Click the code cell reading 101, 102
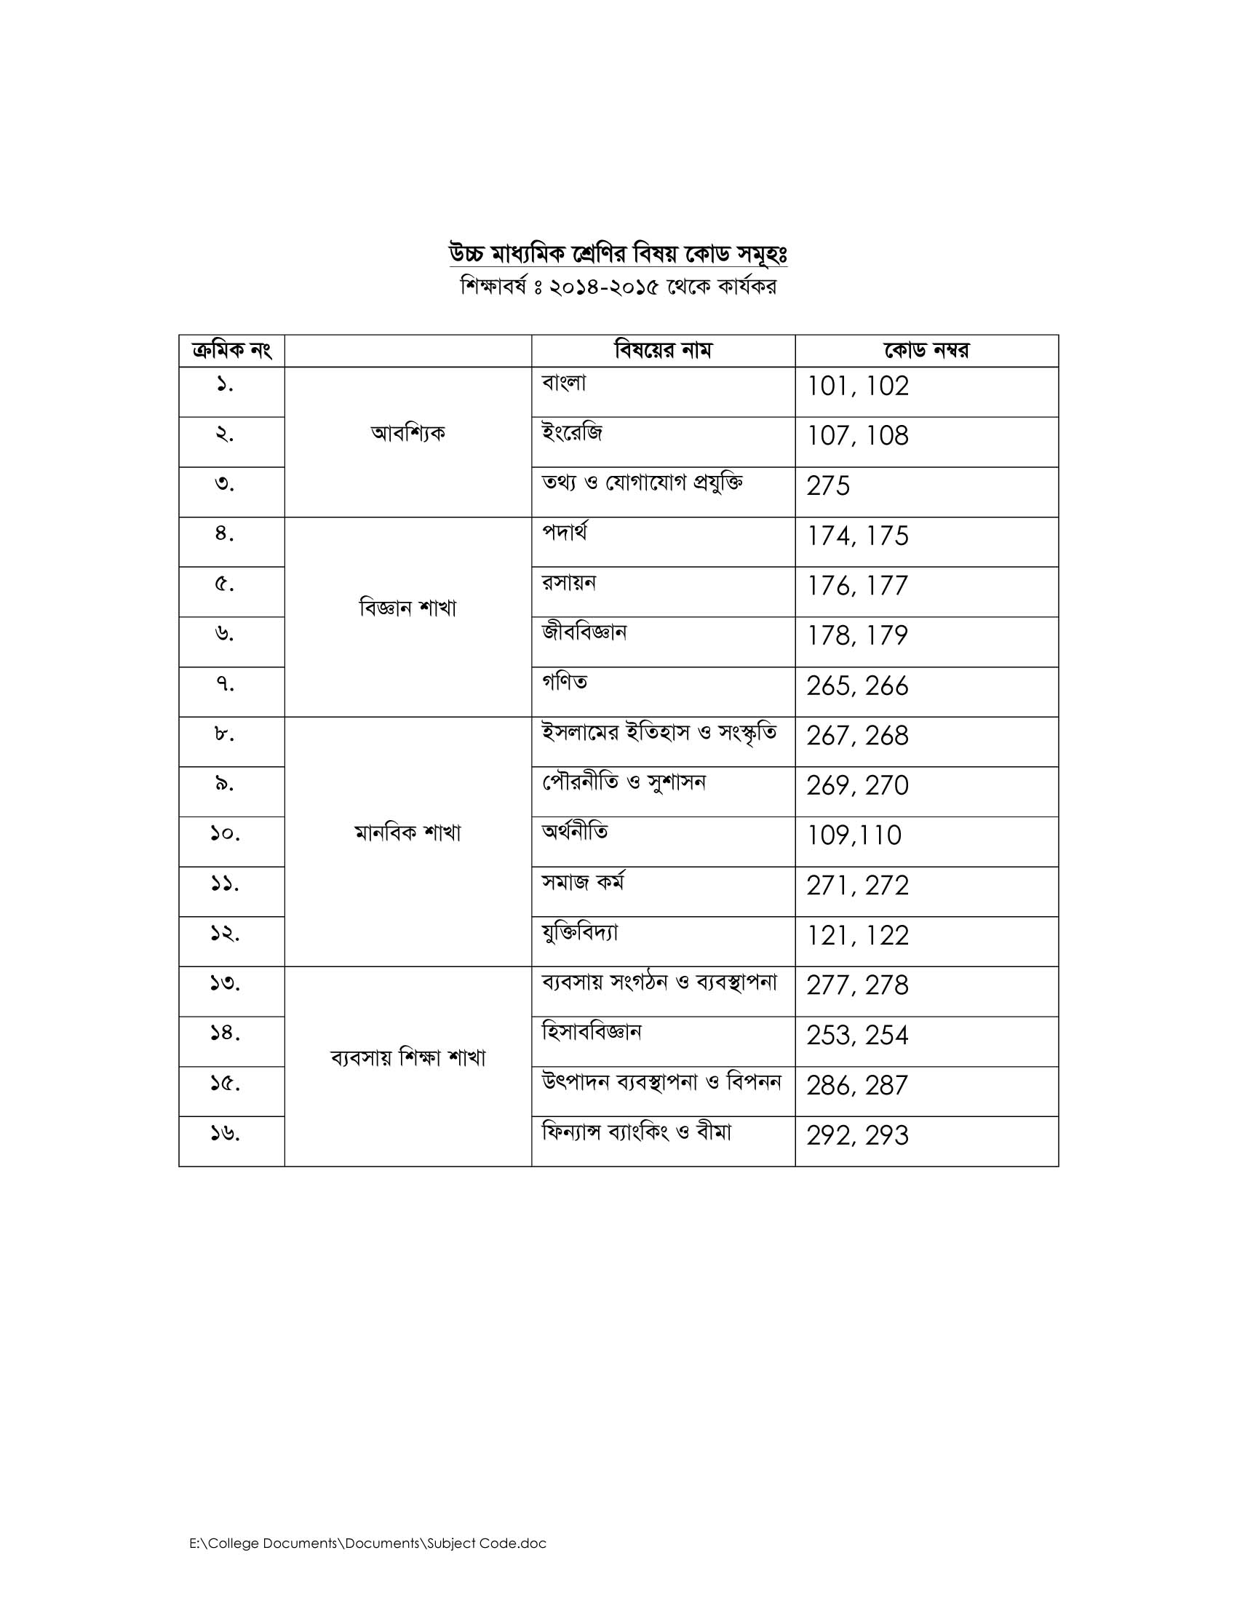tap(857, 386)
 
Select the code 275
tap(828, 486)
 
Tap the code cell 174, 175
tap(857, 536)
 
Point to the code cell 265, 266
tap(857, 686)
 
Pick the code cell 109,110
tap(854, 835)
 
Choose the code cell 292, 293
tap(857, 1135)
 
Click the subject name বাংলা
tap(563, 383)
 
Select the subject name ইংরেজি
tap(572, 433)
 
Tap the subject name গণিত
tap(564, 683)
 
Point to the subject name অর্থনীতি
tap(575, 832)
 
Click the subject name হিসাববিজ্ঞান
tap(592, 1032)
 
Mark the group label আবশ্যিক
tap(408, 433)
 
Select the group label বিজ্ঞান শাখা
tap(408, 608)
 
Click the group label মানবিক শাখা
tap(408, 833)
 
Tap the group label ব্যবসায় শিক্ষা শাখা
tap(408, 1058)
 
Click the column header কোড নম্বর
tap(926, 351)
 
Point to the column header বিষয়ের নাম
tap(662, 351)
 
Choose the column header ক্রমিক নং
tap(231, 351)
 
